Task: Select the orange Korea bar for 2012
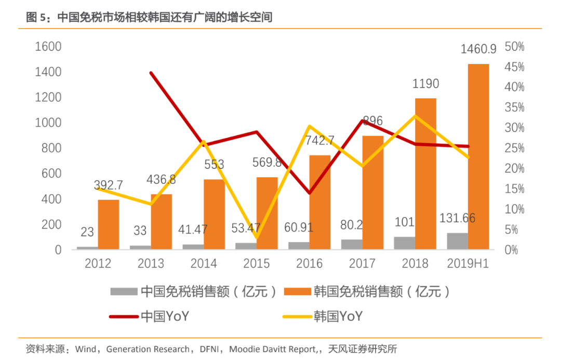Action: click(109, 224)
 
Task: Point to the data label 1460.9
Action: click(478, 49)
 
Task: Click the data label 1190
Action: click(425, 84)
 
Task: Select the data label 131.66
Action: click(457, 218)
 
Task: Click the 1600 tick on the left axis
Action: click(48, 47)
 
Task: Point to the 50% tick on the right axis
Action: click(514, 47)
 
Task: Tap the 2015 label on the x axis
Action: click(256, 264)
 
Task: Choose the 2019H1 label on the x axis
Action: click(468, 264)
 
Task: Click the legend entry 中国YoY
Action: click(164, 316)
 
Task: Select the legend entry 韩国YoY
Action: click(338, 316)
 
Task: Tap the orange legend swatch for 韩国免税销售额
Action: click(297, 291)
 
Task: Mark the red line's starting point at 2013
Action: click(151, 73)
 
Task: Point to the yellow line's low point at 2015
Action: click(257, 237)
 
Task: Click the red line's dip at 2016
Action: click(310, 193)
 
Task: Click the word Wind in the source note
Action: click(86, 349)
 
